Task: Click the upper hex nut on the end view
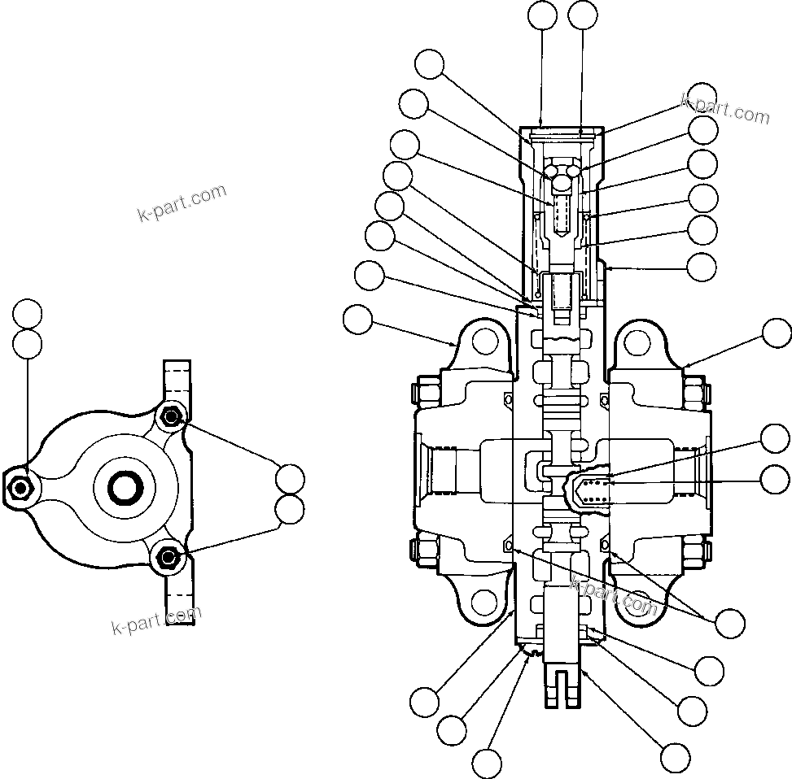tap(171, 418)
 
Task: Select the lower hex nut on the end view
tap(168, 556)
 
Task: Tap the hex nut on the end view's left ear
tap(20, 487)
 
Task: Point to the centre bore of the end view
tap(126, 487)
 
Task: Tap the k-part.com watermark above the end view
tap(182, 203)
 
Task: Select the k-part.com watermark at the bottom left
tap(155, 622)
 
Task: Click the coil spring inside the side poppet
tap(598, 490)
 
